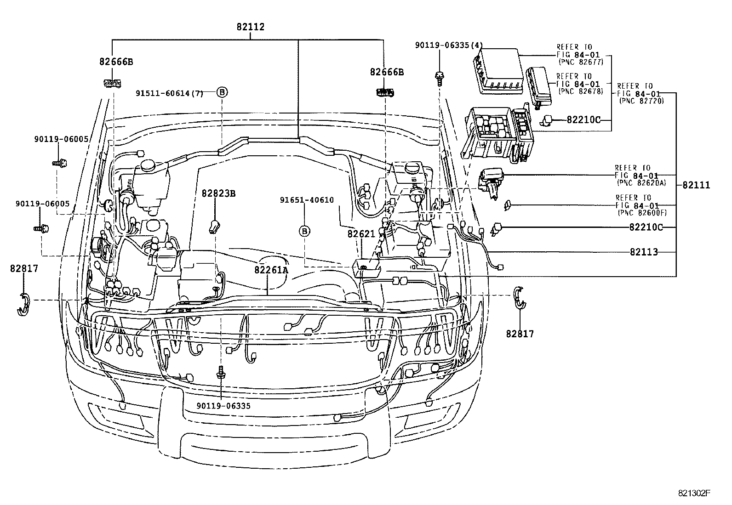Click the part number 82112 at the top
pos(251,27)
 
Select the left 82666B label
pos(116,62)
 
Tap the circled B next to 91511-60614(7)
pos(222,92)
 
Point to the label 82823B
pos(218,193)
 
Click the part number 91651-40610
pos(307,200)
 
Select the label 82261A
pos(271,270)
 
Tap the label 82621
pos(361,234)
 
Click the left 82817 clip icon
pos(23,304)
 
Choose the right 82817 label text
pos(520,334)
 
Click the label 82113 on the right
pos(644,252)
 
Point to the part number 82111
pos(696,185)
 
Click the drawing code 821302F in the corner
pos(694,493)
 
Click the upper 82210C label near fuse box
pos(583,120)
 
